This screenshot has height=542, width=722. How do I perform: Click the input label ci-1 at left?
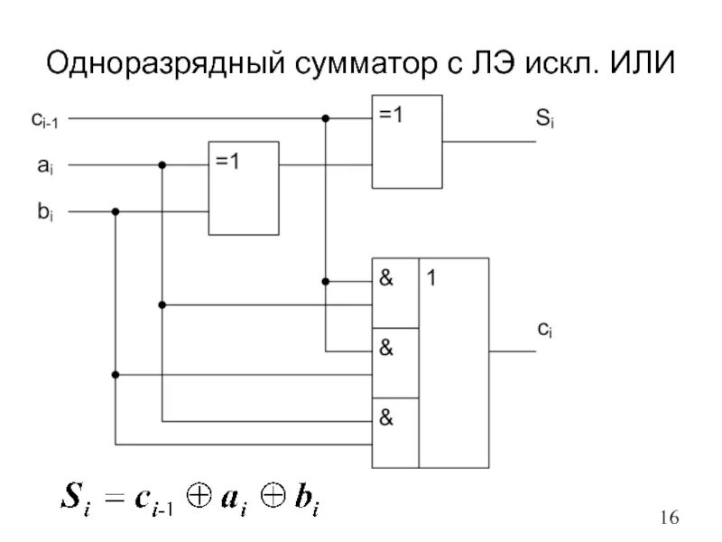coord(41,118)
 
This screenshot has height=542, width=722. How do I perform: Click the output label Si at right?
coord(545,118)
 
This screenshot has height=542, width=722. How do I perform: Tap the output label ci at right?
coord(545,331)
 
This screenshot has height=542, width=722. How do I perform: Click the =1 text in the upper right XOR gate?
coord(392,115)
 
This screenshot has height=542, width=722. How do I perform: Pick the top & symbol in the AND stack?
coord(386,279)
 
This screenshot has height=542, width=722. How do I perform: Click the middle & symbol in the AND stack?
coord(386,349)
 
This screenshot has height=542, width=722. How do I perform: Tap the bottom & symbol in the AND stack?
coord(386,418)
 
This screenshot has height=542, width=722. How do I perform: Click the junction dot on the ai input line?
coord(162,165)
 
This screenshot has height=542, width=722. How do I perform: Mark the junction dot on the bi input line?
coord(116,212)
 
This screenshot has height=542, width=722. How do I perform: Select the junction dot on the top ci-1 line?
coord(326,118)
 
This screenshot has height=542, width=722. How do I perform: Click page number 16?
coord(669,518)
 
